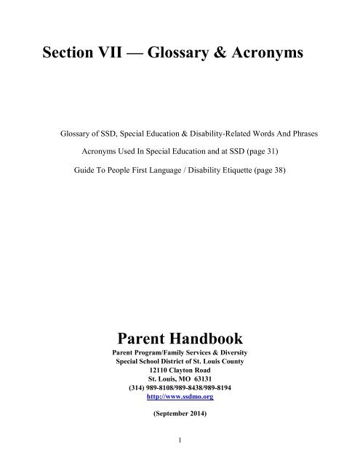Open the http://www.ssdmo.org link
[179, 397]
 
